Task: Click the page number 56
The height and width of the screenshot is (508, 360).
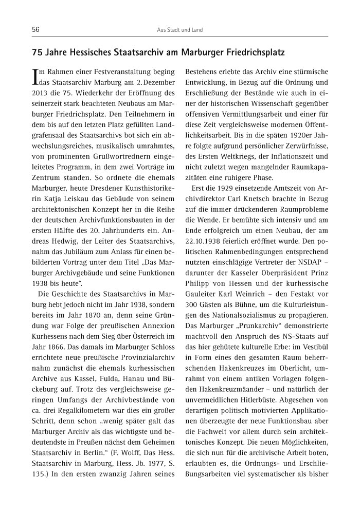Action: (36, 30)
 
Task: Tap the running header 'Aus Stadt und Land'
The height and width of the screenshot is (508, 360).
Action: (179, 30)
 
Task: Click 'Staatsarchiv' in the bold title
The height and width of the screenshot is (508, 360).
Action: (126, 52)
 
